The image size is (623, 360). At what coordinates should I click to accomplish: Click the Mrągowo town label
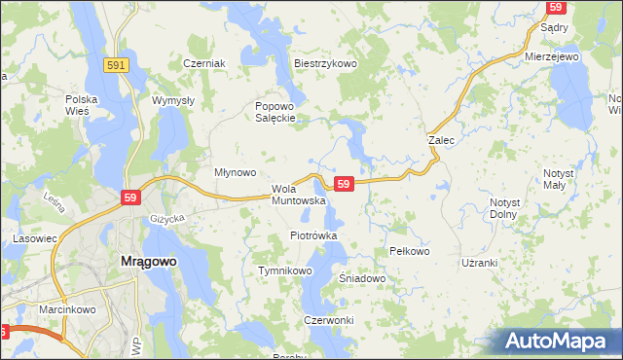click(x=147, y=262)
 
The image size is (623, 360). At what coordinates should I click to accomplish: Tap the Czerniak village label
click(x=204, y=63)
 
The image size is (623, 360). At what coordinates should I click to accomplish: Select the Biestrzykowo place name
click(x=326, y=63)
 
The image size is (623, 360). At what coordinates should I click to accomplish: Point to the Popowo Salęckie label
click(x=275, y=113)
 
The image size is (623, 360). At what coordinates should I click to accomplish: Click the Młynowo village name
click(x=235, y=172)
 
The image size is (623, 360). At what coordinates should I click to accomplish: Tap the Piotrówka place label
click(x=313, y=235)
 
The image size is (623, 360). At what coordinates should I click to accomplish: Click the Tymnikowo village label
click(x=284, y=270)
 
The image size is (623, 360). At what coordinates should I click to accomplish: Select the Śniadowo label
click(x=362, y=278)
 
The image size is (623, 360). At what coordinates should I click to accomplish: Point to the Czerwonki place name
click(x=328, y=320)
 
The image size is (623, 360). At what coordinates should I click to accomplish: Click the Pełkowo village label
click(x=409, y=251)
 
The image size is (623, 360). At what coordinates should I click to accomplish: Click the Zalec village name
click(x=442, y=140)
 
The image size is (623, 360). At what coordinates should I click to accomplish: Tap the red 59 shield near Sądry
click(x=557, y=7)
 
